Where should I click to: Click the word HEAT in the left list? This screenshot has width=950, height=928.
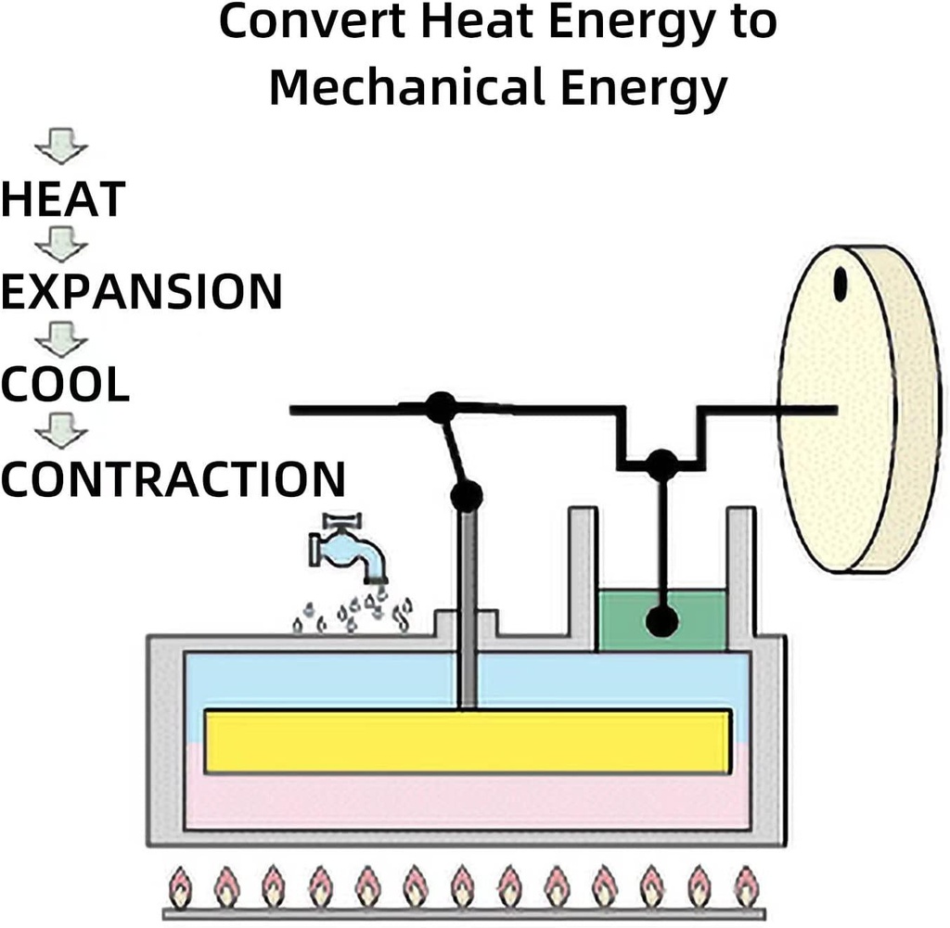pyautogui.click(x=63, y=199)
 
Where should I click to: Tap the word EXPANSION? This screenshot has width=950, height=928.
pyautogui.click(x=142, y=292)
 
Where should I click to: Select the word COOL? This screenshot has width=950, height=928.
pyautogui.click(x=66, y=385)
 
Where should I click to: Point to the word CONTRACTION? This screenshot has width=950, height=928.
pyautogui.click(x=173, y=478)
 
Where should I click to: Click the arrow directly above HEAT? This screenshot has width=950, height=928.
pyautogui.click(x=61, y=146)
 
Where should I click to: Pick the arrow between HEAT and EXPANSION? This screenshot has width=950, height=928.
pyautogui.click(x=61, y=245)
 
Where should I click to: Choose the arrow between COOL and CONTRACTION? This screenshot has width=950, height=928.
pyautogui.click(x=61, y=431)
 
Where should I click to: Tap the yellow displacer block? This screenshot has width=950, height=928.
pyautogui.click(x=468, y=742)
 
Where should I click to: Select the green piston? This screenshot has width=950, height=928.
pyautogui.click(x=661, y=620)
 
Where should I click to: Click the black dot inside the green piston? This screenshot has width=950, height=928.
pyautogui.click(x=661, y=621)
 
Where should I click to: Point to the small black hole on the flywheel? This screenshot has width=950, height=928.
pyautogui.click(x=840, y=284)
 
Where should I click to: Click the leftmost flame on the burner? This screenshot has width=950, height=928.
pyautogui.click(x=180, y=888)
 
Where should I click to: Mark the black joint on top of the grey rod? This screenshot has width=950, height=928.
pyautogui.click(x=467, y=497)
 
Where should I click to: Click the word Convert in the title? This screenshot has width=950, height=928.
pyautogui.click(x=313, y=22)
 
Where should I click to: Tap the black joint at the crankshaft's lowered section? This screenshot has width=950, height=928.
pyautogui.click(x=661, y=464)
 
